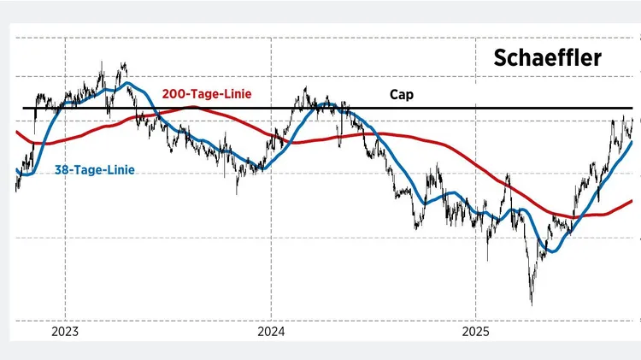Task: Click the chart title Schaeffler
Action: (x=547, y=58)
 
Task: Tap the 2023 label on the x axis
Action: (x=65, y=331)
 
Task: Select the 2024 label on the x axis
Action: (x=270, y=331)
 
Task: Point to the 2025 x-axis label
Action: (x=475, y=331)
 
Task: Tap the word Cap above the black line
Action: (x=401, y=95)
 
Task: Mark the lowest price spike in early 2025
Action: (x=532, y=304)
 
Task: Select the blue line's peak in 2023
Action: (x=126, y=84)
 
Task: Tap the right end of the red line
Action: (x=632, y=201)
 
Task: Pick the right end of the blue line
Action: (x=632, y=142)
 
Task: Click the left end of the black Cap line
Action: (x=23, y=109)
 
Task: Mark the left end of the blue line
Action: (x=17, y=169)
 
